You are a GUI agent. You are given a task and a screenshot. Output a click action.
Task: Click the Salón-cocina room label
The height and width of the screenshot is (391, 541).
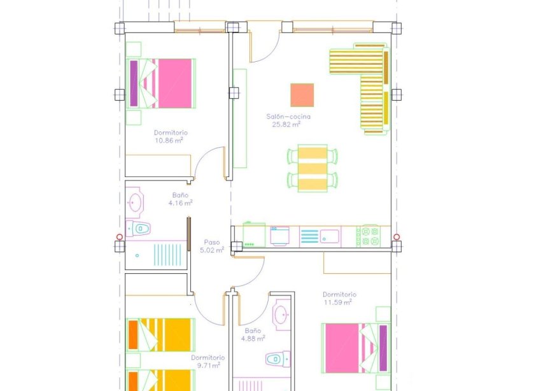tap(288, 117)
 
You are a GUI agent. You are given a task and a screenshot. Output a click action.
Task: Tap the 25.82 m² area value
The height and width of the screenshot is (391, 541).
tap(288, 125)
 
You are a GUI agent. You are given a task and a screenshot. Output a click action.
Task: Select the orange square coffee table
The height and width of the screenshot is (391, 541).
tap(302, 95)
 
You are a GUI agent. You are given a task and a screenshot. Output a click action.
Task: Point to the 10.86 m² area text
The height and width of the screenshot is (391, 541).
tap(170, 141)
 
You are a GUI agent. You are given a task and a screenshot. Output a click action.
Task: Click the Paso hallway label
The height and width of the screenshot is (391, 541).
tap(211, 242)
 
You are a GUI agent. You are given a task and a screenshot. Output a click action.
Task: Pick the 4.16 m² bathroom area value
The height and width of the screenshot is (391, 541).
tap(180, 203)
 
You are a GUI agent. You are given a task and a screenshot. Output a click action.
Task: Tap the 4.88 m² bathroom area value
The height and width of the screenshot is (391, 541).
tap(252, 339)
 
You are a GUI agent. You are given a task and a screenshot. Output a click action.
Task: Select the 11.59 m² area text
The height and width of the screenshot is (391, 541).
tap(339, 302)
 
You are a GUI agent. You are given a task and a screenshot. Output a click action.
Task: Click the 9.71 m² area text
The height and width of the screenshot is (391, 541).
tap(207, 366)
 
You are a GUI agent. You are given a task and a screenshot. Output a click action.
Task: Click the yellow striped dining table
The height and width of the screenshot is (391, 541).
tap(312, 168)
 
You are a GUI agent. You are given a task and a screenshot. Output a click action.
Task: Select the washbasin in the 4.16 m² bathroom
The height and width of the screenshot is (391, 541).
tap(135, 203)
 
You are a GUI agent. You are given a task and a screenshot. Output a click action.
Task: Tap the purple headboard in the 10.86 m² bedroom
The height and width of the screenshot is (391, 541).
tap(134, 83)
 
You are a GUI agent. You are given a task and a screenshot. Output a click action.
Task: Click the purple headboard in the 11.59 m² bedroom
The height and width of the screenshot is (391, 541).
tap(383, 348)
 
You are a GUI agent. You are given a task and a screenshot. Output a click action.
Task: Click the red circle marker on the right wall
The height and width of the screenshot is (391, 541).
tap(397, 238)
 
